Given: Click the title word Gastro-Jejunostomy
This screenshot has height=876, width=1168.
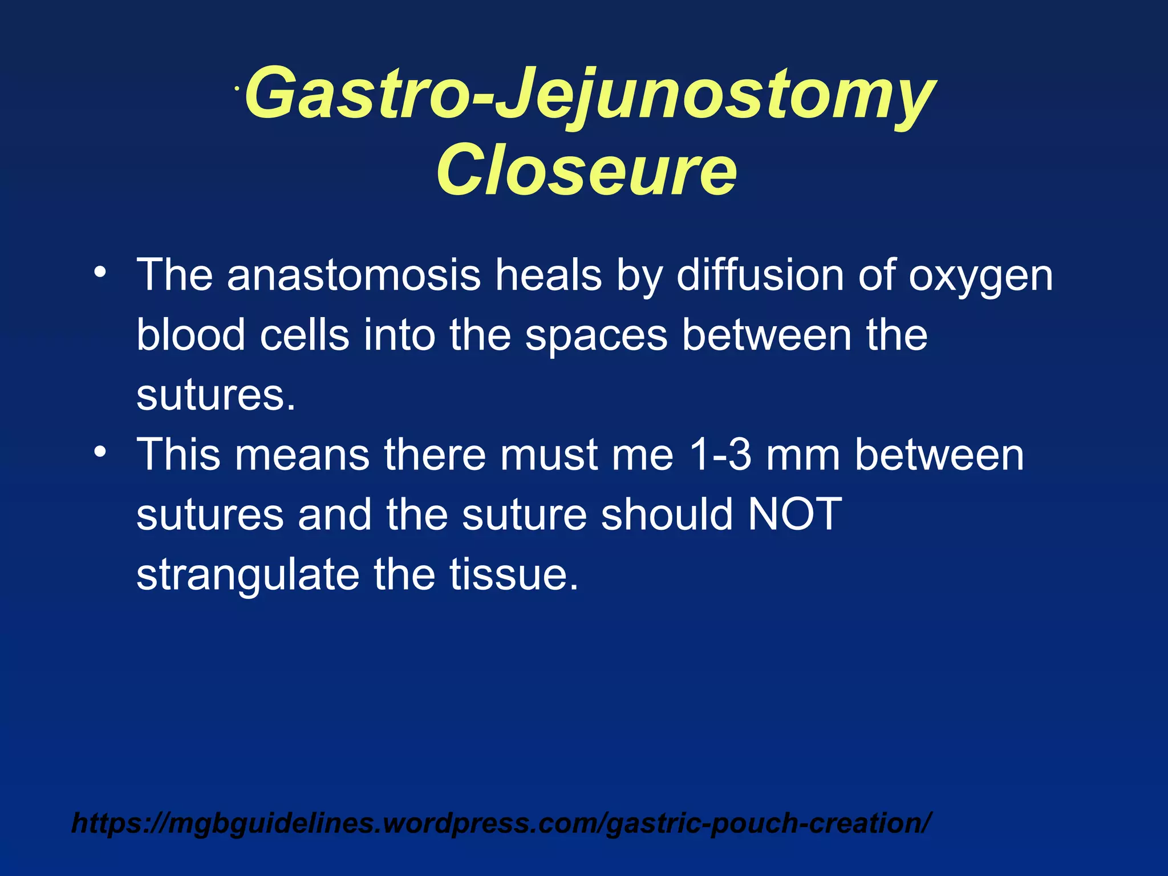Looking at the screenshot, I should pos(590,94).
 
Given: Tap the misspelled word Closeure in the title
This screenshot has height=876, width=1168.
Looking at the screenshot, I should pos(586,170).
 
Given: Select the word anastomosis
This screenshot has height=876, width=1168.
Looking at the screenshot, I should pos(354,275).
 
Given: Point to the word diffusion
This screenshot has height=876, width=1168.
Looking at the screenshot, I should pos(760,275).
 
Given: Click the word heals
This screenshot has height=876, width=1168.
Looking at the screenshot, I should pos(548,275).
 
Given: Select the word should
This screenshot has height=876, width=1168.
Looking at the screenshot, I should pos(666,514).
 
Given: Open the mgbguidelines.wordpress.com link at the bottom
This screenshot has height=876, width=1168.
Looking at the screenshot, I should pos(502,823).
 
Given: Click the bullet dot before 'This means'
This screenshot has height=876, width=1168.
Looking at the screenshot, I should pos(100,452).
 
